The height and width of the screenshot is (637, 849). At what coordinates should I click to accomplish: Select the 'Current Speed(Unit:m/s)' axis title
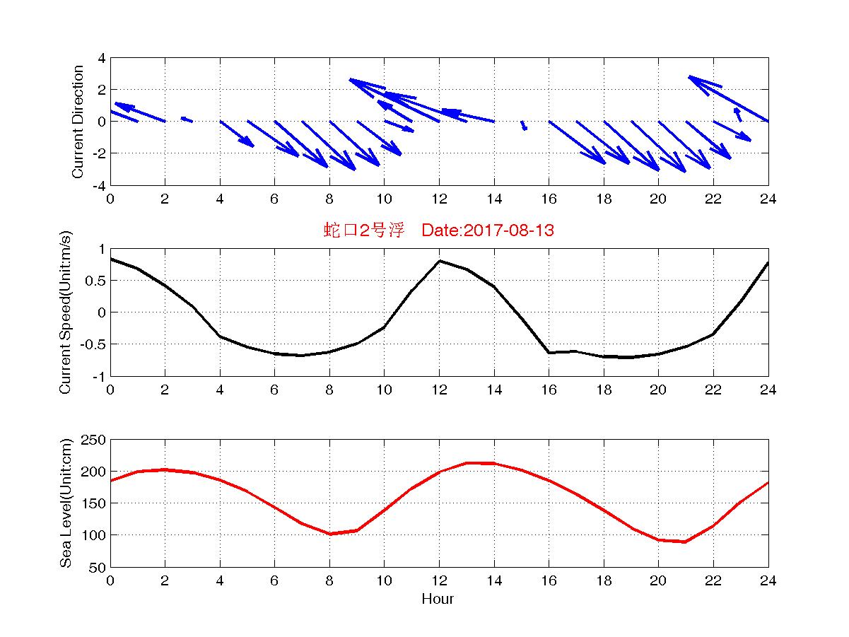(66, 311)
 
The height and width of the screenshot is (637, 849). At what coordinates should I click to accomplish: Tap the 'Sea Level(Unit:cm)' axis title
(66, 503)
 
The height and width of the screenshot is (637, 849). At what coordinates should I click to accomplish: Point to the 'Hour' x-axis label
(438, 600)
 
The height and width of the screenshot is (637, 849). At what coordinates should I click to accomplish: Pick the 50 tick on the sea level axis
(98, 567)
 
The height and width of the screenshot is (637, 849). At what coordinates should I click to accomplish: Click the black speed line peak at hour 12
(440, 261)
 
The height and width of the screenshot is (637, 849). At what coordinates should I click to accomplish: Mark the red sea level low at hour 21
(685, 542)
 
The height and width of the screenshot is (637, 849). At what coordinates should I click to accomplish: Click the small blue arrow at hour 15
(524, 126)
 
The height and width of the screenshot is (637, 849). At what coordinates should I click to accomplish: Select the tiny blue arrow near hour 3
(187, 119)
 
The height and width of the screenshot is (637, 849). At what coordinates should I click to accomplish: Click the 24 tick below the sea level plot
(768, 581)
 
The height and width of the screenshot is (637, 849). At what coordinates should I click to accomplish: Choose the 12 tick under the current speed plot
(439, 390)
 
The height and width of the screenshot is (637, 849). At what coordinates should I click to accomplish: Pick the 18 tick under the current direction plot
(603, 199)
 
